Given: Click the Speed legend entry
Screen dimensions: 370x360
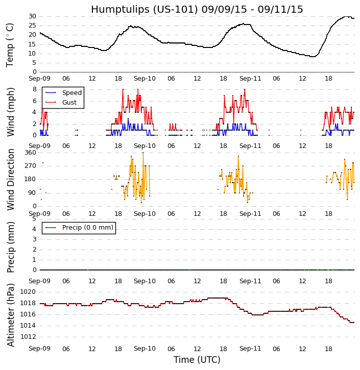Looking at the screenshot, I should coord(71,93).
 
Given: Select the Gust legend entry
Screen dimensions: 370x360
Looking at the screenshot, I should coord(69,103).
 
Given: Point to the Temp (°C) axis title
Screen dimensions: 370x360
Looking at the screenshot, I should coord(10,45).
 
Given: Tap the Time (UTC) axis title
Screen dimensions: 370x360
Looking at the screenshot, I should coord(197,360).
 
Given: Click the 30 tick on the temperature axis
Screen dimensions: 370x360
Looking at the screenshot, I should coord(32,16).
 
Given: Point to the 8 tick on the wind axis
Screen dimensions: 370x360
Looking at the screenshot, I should coord(34,89).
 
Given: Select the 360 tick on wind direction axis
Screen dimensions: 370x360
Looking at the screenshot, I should coord(30,153).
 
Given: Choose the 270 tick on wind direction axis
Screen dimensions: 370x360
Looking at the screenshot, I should coord(30,166).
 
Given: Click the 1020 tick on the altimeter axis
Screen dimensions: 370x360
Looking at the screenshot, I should coord(28,292).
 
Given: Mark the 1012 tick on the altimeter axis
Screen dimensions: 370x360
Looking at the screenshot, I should coord(28,337).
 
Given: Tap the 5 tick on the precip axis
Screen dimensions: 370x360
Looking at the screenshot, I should coord(34,219).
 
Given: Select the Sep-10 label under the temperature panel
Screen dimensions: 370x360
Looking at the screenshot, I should coord(145,79).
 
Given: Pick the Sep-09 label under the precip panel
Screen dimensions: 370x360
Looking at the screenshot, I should coord(39,281).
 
